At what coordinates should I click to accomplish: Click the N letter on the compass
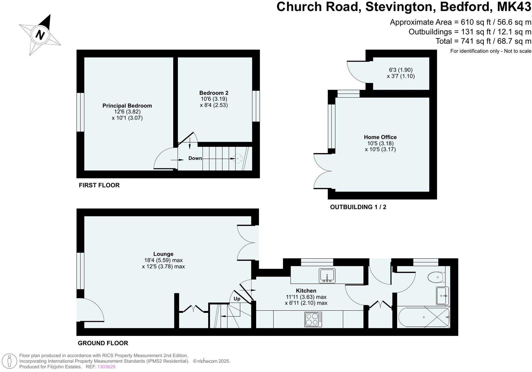[40, 35]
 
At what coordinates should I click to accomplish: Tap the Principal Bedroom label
[127, 106]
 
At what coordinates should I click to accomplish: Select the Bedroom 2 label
[214, 93]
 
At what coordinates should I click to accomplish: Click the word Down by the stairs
[195, 158]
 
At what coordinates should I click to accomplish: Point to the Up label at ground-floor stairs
[237, 299]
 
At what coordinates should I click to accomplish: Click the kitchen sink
[327, 276]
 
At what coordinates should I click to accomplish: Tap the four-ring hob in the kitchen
[313, 319]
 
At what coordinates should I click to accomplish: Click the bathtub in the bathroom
[424, 317]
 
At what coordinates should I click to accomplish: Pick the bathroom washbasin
[442, 295]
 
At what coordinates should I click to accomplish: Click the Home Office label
[380, 137]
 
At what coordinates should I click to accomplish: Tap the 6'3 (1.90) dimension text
[401, 70]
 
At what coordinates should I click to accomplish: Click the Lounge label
[163, 254]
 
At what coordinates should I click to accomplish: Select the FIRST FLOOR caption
[99, 185]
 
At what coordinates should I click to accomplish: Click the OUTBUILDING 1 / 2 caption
[358, 207]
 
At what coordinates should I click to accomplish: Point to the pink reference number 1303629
[106, 367]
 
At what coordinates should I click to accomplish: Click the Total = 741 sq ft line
[483, 41]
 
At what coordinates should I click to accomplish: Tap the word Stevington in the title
[400, 7]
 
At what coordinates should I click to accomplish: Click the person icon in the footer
[10, 361]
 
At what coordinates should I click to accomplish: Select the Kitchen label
[306, 291]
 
